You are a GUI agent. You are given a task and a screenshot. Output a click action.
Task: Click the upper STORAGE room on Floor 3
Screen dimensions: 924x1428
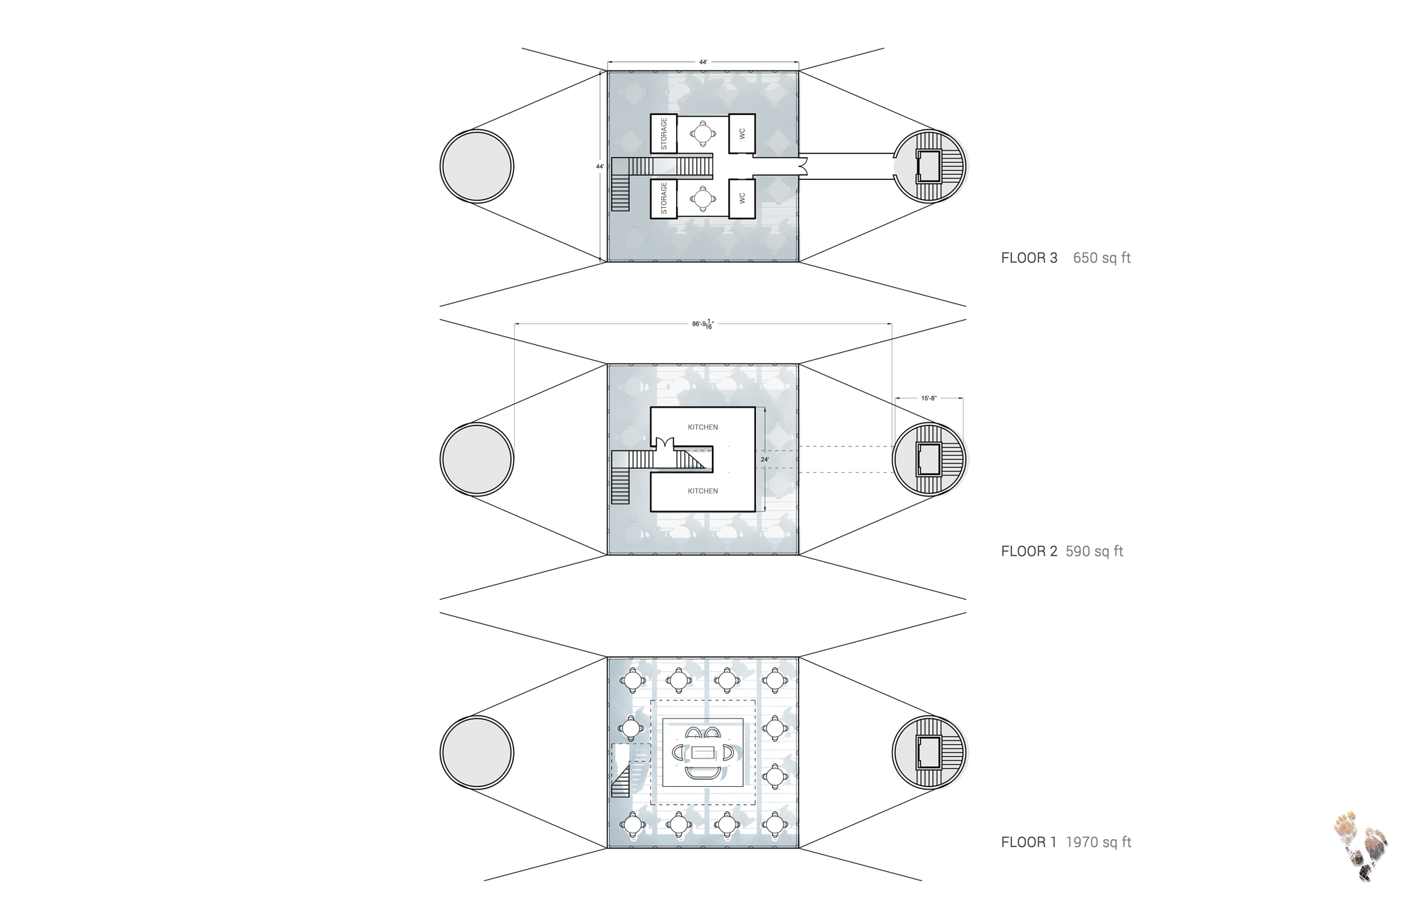pyautogui.click(x=663, y=134)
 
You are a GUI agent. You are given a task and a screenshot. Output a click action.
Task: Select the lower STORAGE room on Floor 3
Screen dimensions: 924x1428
pyautogui.click(x=663, y=198)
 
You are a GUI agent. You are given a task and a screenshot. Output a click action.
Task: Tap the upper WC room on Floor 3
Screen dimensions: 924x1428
pyautogui.click(x=742, y=134)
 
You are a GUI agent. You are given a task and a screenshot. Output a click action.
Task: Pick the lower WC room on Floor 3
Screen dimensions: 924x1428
pyautogui.click(x=742, y=198)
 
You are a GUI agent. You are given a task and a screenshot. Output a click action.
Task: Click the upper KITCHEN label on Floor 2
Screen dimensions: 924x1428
pyautogui.click(x=703, y=427)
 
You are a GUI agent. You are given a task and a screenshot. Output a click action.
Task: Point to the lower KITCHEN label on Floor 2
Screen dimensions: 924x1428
pyautogui.click(x=703, y=491)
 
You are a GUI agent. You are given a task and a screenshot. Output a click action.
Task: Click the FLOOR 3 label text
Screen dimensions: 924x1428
pyautogui.click(x=1029, y=258)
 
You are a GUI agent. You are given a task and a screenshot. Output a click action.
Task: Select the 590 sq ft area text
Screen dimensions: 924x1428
pyautogui.click(x=1095, y=551)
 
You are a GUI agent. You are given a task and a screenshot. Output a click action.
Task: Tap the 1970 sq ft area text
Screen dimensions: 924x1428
pyautogui.click(x=1098, y=843)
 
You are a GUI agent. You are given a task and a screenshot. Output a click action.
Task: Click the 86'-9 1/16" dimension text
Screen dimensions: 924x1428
pyautogui.click(x=703, y=324)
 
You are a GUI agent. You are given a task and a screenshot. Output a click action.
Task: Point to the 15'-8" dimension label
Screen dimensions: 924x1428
pyautogui.click(x=928, y=398)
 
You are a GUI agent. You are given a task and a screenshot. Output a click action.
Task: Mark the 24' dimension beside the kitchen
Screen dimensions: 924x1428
pyautogui.click(x=765, y=459)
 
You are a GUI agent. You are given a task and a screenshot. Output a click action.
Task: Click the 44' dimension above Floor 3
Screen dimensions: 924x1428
pyautogui.click(x=703, y=62)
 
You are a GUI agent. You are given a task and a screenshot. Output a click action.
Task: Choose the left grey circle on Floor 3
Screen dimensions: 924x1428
pyautogui.click(x=476, y=166)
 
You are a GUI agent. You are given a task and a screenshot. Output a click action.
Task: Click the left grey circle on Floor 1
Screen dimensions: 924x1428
pyautogui.click(x=476, y=752)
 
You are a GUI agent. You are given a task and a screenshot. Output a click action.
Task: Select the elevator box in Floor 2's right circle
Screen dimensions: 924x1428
pyautogui.click(x=929, y=459)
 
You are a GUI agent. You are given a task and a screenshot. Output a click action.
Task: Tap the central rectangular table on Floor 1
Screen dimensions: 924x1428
pyautogui.click(x=704, y=753)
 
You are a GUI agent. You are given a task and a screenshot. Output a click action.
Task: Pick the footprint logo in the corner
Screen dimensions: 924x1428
pyautogui.click(x=1360, y=845)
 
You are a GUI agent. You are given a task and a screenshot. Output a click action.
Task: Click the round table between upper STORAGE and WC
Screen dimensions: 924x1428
pyautogui.click(x=703, y=133)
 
